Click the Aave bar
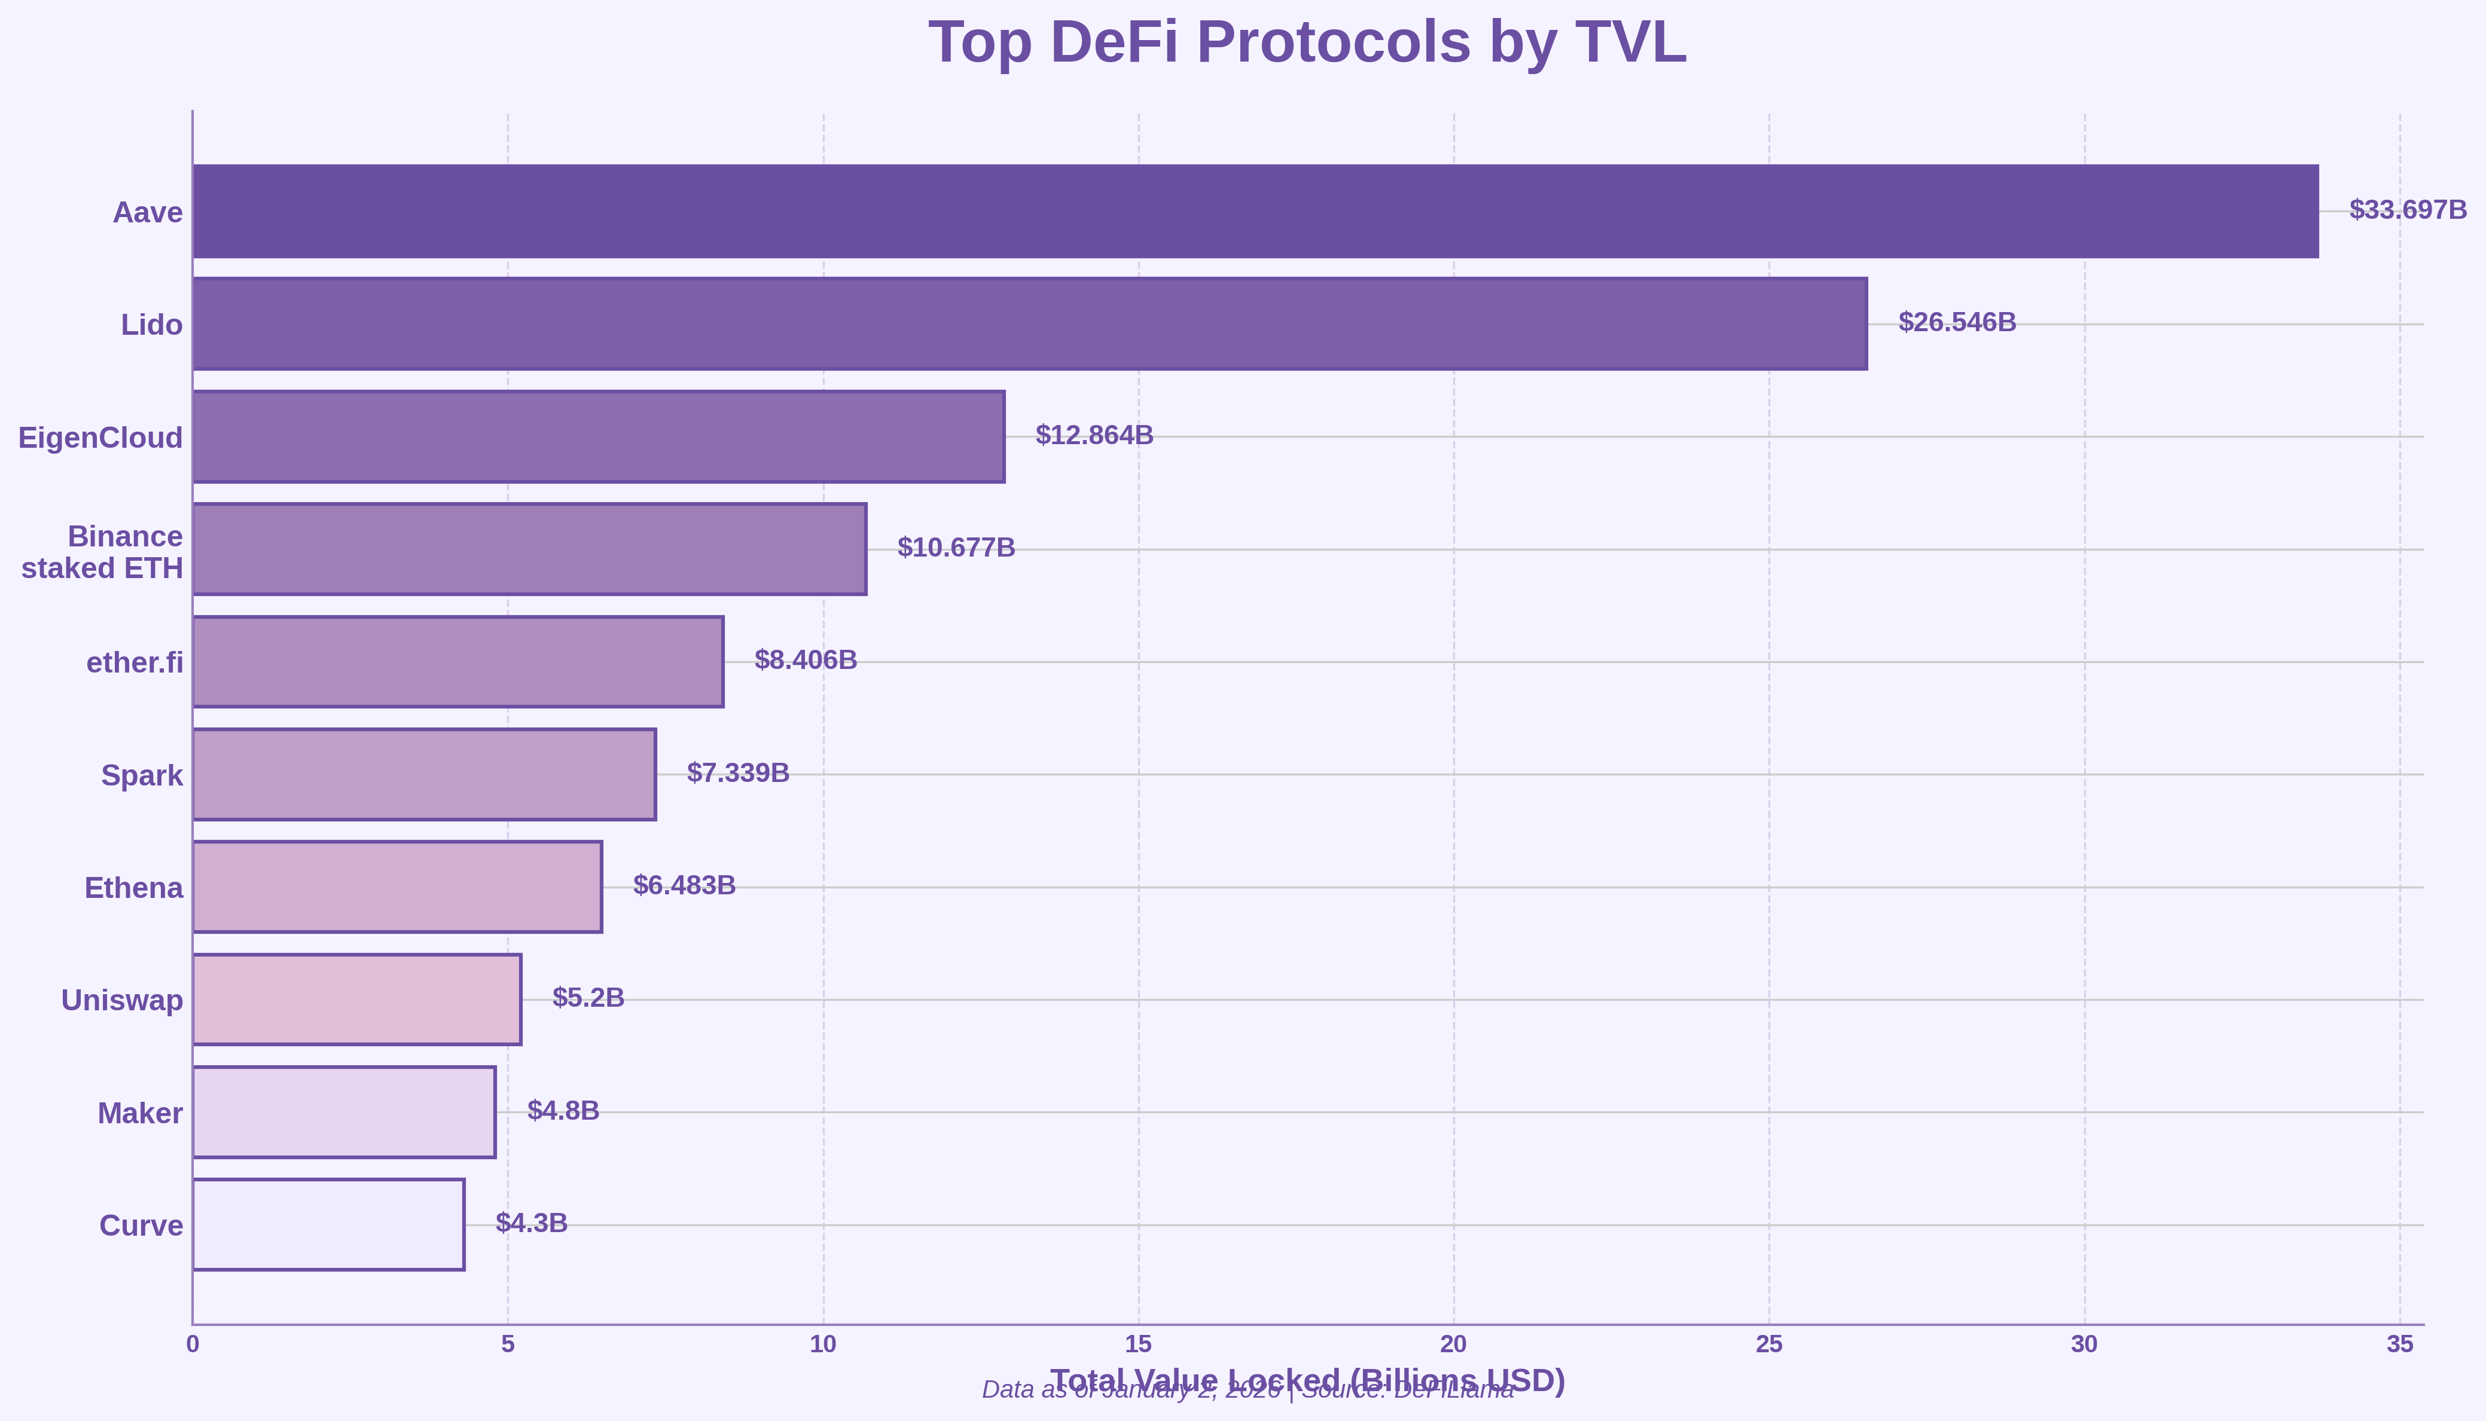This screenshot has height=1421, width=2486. tap(1255, 211)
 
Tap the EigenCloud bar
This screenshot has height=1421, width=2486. tap(598, 436)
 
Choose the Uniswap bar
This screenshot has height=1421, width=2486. tap(356, 1000)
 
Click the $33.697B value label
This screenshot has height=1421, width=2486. tap(2407, 210)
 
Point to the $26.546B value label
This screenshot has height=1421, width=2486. tap(1956, 322)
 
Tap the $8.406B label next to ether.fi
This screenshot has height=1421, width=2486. tap(805, 660)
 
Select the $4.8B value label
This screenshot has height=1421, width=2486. tap(563, 1111)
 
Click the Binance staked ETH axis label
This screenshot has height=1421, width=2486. tap(102, 551)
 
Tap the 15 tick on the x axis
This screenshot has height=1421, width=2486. tap(1138, 1345)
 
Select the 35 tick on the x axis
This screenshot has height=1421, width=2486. tap(2400, 1345)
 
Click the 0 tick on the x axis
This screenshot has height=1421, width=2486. tap(193, 1345)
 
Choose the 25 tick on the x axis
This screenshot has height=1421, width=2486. tap(1768, 1345)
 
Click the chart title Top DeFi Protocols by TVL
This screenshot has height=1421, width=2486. tap(1307, 43)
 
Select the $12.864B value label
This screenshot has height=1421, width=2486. tap(1094, 435)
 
